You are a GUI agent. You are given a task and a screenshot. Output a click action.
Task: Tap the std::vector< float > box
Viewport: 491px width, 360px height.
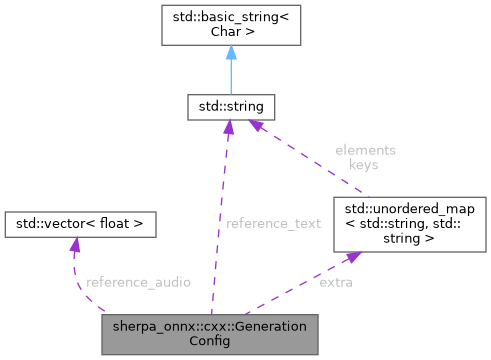tap(80, 223)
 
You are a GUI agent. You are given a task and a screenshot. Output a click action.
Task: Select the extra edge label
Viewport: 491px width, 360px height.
tap(334, 283)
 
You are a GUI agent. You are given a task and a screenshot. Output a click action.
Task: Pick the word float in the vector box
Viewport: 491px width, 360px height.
tap(115, 223)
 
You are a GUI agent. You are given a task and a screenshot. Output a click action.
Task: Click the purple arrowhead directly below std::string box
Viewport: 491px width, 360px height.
tap(229, 127)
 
